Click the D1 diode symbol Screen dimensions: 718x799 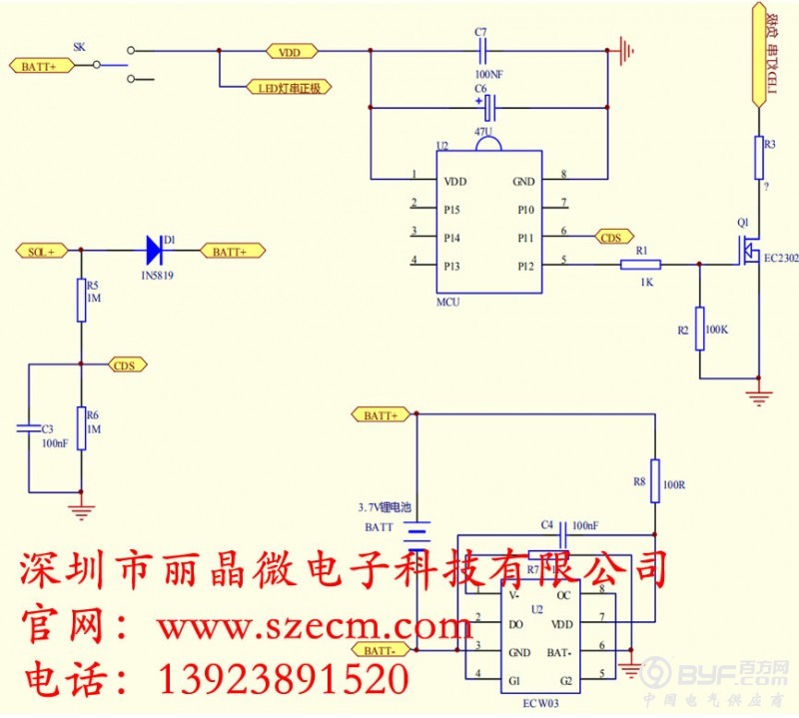point(156,250)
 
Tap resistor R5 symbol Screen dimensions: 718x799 point(81,301)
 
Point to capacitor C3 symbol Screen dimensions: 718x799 point(28,428)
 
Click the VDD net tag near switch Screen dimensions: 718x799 point(291,51)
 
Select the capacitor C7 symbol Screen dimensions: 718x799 point(484,51)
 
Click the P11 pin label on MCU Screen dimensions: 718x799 point(525,237)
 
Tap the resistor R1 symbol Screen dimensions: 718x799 point(641,265)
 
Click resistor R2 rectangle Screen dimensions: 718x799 point(699,329)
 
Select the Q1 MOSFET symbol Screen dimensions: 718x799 point(747,250)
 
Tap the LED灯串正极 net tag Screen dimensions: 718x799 point(288,87)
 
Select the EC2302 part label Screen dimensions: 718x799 point(781,259)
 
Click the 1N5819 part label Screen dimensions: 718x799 point(157,274)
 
